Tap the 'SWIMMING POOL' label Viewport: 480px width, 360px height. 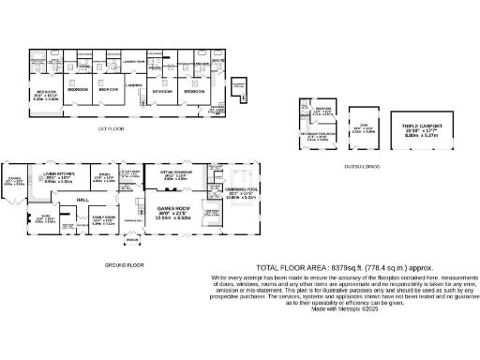[238, 188]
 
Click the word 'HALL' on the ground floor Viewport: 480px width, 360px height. [82, 200]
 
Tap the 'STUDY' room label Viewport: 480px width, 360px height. [103, 174]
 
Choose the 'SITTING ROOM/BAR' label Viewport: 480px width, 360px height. [175, 173]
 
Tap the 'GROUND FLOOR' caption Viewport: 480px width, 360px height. [125, 264]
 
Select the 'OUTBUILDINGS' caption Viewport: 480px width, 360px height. [361, 166]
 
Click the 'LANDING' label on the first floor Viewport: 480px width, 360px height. [134, 85]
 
